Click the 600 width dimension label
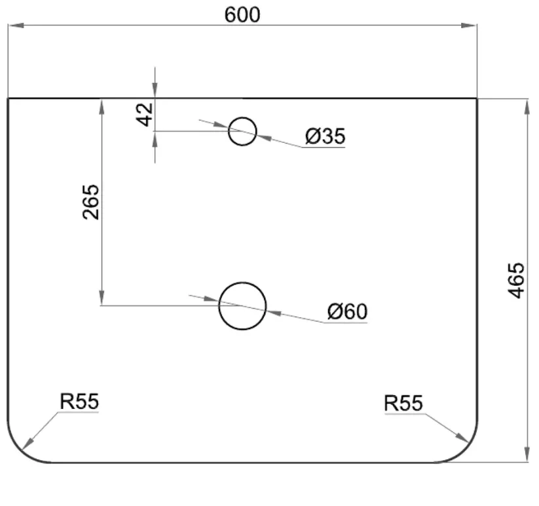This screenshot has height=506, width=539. pos(242,15)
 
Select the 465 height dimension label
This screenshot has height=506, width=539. pos(516,281)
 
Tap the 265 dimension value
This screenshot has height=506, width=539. pos(91,203)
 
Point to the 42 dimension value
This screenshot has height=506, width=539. pos(145,115)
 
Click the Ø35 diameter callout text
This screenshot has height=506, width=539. pos(325,136)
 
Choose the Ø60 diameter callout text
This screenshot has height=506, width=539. pos(347,311)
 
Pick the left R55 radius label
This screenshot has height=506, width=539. pos(79,401)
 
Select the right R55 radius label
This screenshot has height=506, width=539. pos(403,403)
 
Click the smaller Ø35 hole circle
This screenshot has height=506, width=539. pos(242,117)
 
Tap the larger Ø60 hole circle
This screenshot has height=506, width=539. pos(242,282)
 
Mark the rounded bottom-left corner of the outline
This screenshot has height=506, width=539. pos(20,449)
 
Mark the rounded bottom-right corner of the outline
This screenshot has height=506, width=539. pos(464,449)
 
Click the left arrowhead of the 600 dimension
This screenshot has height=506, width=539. pos(16,26)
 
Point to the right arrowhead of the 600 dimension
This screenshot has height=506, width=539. pos(469,26)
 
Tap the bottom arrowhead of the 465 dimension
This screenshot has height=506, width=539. pos(527,454)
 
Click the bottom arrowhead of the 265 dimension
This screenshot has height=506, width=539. pos(102,298)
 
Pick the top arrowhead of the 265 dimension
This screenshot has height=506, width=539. pos(102,107)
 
